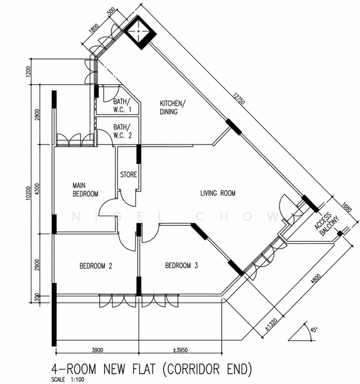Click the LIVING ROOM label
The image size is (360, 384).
click(x=218, y=193)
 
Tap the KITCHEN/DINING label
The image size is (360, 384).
click(x=171, y=108)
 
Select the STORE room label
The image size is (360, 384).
click(x=128, y=175)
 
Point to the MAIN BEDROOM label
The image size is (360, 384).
click(x=86, y=189)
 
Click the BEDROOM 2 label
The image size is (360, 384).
click(x=96, y=266)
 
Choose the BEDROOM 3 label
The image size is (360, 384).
click(x=181, y=266)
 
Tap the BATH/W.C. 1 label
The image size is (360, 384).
click(x=122, y=106)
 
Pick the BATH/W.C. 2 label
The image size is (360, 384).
click(x=122, y=131)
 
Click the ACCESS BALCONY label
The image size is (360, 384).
click(x=327, y=224)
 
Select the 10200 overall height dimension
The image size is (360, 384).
click(x=28, y=194)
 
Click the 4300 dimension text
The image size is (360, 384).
click(x=37, y=189)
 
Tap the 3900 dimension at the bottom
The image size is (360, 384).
click(x=97, y=350)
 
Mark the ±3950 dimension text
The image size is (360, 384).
click(x=180, y=350)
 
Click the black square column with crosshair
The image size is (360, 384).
click(x=140, y=32)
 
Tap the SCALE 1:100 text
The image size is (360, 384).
click(x=68, y=380)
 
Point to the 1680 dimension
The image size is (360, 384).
click(x=347, y=207)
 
